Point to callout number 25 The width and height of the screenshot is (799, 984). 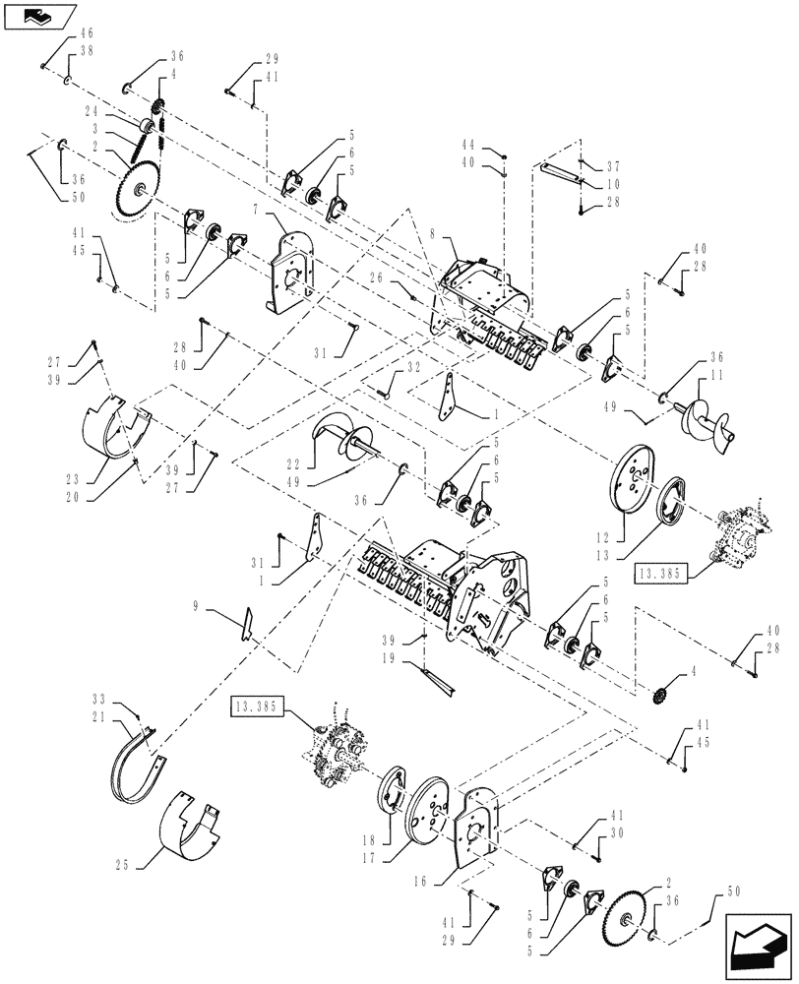click(121, 865)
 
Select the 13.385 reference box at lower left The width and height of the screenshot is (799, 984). click(259, 707)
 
